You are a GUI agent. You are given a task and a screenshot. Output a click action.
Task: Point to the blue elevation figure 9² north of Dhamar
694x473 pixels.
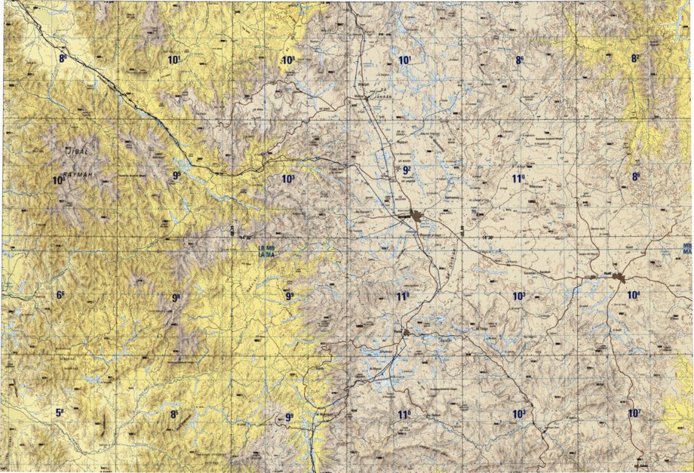pos(407,170)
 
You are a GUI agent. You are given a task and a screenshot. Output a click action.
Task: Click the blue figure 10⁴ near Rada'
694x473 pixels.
pos(634,295)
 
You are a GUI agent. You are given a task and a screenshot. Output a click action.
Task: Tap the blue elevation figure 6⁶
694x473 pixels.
pos(60,295)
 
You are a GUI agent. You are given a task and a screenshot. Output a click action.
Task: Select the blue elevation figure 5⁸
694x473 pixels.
pos(60,413)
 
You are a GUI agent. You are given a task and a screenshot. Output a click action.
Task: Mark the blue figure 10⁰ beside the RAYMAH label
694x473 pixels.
pos(59,180)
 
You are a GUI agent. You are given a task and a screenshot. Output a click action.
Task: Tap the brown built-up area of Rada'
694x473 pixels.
pos(619,278)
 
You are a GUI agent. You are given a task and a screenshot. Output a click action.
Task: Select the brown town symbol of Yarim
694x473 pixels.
pos(406,332)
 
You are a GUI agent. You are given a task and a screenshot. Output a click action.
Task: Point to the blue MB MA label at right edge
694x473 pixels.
pos(687,250)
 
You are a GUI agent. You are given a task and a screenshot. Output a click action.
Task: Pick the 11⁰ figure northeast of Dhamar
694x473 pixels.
pos(518,179)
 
